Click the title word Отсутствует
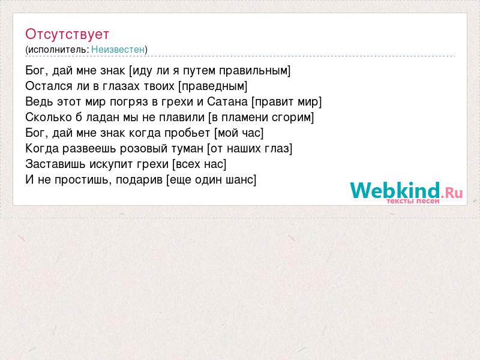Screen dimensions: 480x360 point(67,34)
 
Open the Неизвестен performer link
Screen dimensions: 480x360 point(118,49)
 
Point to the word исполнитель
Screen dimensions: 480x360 point(58,50)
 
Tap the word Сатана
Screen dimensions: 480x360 point(227,101)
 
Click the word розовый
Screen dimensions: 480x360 point(143,148)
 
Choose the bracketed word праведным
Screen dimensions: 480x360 point(214,86)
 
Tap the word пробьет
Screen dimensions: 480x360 point(187,133)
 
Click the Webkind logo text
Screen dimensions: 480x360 point(395,190)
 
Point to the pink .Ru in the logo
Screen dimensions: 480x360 point(452,192)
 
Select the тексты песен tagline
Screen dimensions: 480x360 point(413,201)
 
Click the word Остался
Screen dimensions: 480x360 point(49,86)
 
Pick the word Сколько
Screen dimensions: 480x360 point(49,117)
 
